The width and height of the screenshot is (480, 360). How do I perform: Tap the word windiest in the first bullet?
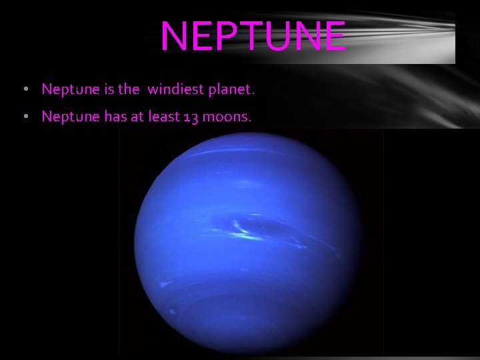(175, 89)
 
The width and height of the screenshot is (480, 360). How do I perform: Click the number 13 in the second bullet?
(190, 117)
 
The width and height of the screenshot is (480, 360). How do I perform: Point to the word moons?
(226, 117)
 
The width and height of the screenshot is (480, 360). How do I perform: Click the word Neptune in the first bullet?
(69, 89)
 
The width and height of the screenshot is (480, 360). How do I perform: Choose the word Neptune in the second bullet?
(69, 117)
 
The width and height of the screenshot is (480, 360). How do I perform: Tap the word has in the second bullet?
(113, 117)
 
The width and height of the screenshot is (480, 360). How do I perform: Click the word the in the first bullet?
(129, 89)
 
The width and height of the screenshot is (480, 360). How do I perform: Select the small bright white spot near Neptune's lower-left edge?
(173, 311)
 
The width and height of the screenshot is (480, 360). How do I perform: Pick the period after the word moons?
(251, 121)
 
